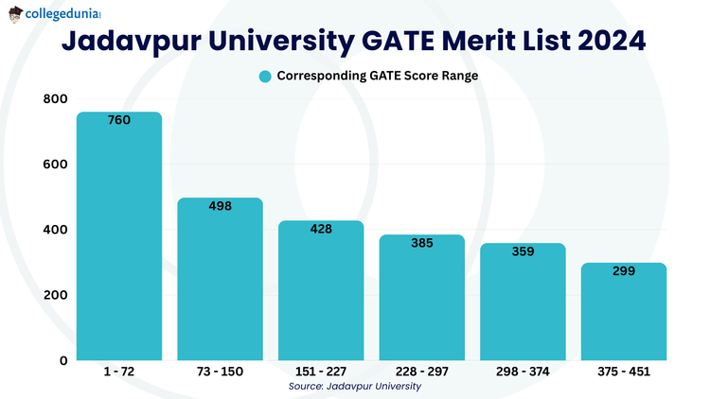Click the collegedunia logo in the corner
[x=55, y=15]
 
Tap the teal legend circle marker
[x=265, y=77]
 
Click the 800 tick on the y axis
[x=55, y=99]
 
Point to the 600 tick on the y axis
[x=55, y=165]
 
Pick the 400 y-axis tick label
[x=55, y=230]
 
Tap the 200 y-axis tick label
[x=55, y=295]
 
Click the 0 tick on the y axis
[x=62, y=360]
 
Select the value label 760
[x=119, y=120]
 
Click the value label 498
[x=220, y=206]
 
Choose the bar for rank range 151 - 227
[x=321, y=293]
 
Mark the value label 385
[x=421, y=243]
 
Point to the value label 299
[x=623, y=271]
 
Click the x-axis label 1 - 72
[x=119, y=373]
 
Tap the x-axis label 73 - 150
[x=220, y=373]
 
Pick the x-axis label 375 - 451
[x=623, y=373]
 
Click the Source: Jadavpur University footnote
[x=355, y=386]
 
